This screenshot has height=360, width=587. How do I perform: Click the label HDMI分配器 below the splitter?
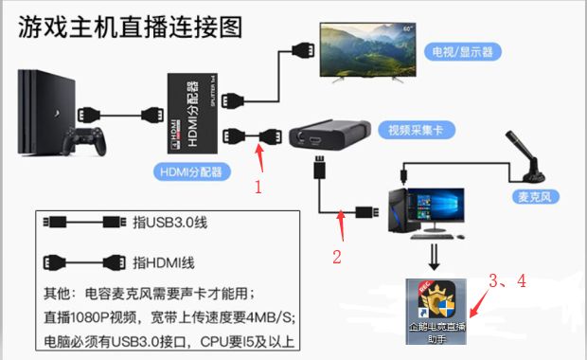click(186, 171)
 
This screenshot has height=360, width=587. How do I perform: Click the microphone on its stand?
click(526, 156)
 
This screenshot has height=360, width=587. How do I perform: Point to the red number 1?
click(258, 187)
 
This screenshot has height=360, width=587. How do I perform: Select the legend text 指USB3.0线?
click(167, 224)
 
